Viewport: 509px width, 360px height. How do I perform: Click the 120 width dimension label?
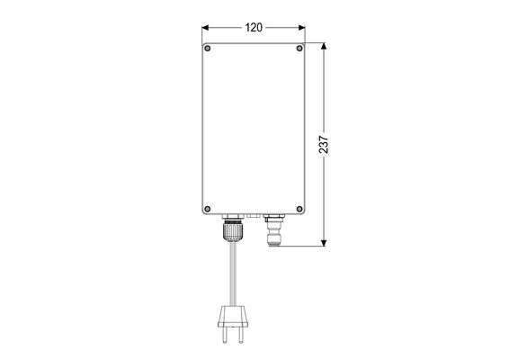(254, 28)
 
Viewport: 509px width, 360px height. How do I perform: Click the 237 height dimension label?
(324, 144)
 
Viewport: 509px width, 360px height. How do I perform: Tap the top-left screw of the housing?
(208, 49)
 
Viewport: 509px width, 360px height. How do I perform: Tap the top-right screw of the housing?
(299, 49)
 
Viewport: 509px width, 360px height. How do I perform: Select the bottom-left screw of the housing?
(208, 209)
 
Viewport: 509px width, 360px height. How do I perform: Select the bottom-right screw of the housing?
(299, 209)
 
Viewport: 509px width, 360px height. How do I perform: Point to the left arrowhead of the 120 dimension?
(205, 28)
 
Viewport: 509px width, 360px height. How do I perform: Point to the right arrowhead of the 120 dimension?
(302, 28)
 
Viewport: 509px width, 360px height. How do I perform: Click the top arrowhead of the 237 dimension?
(324, 46)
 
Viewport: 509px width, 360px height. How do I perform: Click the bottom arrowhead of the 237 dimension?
(324, 242)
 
